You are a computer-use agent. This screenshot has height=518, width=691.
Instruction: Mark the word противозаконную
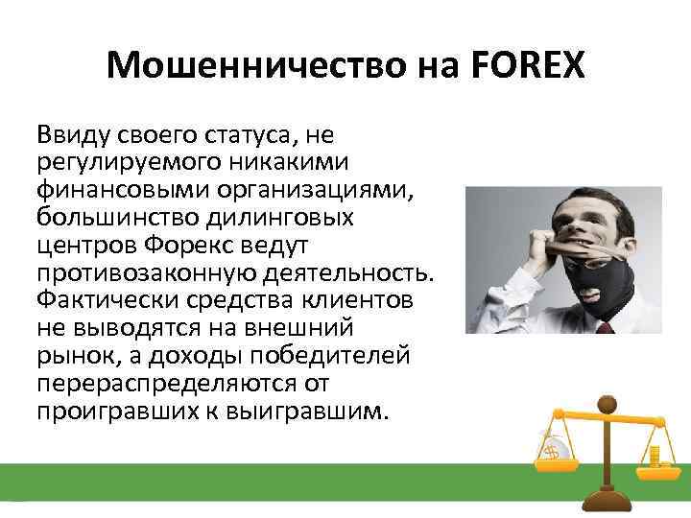(134, 271)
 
